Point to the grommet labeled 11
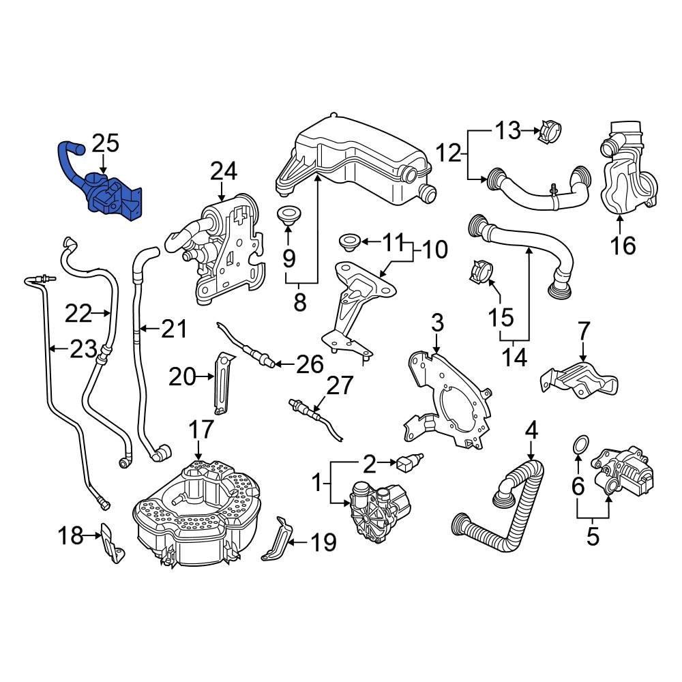(349, 241)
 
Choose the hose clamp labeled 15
(480, 273)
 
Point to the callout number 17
(201, 430)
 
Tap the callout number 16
(624, 243)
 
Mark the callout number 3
(437, 323)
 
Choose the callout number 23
(83, 350)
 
